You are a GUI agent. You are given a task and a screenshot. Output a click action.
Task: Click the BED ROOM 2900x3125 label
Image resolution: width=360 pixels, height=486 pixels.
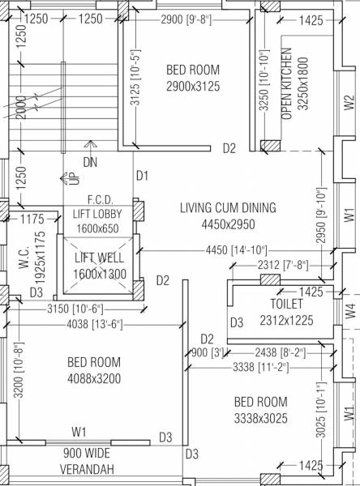tap(193, 78)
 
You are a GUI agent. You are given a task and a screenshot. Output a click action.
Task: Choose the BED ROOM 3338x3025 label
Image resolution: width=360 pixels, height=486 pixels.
tap(260, 408)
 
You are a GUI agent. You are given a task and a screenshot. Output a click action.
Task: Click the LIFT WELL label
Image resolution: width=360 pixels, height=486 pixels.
tap(100, 266)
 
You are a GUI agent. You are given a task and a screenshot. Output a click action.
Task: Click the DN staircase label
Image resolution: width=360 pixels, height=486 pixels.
tap(89, 162)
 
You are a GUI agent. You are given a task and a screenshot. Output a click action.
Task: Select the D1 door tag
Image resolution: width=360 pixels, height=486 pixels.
tap(143, 175)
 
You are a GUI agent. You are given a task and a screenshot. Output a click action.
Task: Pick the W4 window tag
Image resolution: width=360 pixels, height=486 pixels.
tap(349, 309)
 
